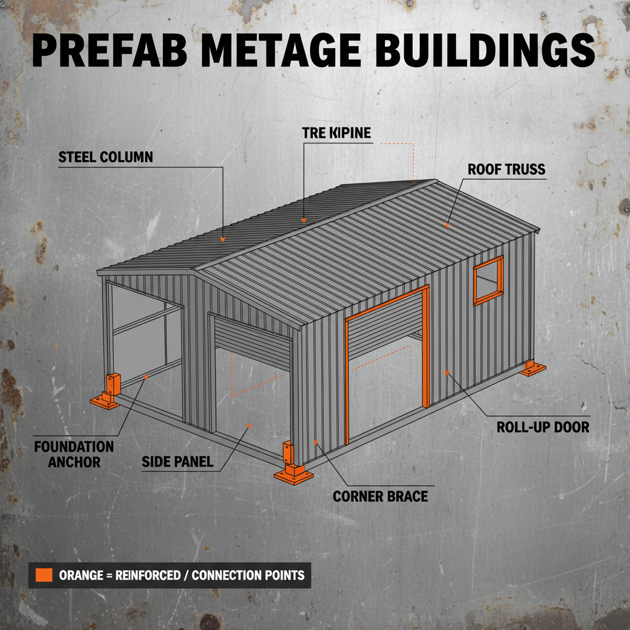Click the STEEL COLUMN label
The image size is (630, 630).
click(106, 157)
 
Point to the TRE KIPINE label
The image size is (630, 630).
click(337, 132)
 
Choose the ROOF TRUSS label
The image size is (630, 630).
click(506, 169)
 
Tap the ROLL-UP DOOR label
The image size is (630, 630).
click(543, 426)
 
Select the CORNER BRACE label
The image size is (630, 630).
click(380, 496)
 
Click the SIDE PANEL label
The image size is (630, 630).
click(177, 461)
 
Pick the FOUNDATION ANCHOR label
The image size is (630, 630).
click(74, 453)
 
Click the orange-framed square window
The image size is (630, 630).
click(488, 281)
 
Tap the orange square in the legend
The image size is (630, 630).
click(44, 575)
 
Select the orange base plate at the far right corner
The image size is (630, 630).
click(532, 370)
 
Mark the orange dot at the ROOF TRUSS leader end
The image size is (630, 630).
click(447, 226)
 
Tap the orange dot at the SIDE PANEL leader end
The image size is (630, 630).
click(249, 425)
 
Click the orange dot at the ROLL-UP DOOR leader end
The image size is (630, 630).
click(446, 372)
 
